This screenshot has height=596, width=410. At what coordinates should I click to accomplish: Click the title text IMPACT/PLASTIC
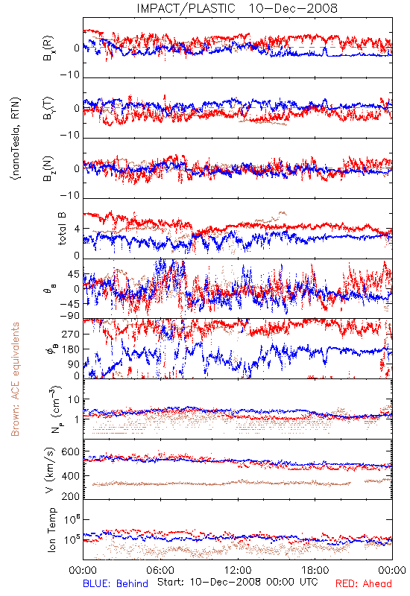(x=186, y=8)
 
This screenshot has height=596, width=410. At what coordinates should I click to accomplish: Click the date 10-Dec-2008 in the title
(x=293, y=8)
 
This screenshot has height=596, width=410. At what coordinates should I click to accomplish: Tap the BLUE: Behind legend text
(x=116, y=583)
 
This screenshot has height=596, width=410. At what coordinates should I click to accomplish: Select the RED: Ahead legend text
(x=363, y=583)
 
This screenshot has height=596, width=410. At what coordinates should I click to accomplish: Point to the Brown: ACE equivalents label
(x=15, y=379)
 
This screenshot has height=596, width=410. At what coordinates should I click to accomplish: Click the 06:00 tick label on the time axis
(x=160, y=570)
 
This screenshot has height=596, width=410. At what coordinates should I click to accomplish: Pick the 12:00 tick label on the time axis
(x=238, y=570)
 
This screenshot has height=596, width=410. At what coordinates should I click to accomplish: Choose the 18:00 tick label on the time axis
(x=315, y=570)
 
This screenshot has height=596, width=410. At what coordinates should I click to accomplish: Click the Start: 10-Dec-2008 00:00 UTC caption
(x=237, y=582)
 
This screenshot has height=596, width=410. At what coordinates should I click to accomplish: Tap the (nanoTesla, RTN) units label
(x=16, y=139)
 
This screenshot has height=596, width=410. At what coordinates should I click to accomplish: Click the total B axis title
(x=62, y=229)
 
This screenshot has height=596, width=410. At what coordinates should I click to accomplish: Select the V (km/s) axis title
(x=51, y=470)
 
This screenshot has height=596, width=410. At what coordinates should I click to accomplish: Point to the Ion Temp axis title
(x=51, y=530)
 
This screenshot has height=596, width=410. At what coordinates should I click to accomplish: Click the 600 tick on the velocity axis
(x=70, y=452)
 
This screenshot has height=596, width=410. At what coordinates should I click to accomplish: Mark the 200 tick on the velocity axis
(x=70, y=496)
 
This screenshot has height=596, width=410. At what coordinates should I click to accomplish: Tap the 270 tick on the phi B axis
(x=71, y=334)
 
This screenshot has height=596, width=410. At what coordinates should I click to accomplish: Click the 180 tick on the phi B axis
(x=71, y=349)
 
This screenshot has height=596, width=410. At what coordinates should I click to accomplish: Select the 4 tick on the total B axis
(x=78, y=229)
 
